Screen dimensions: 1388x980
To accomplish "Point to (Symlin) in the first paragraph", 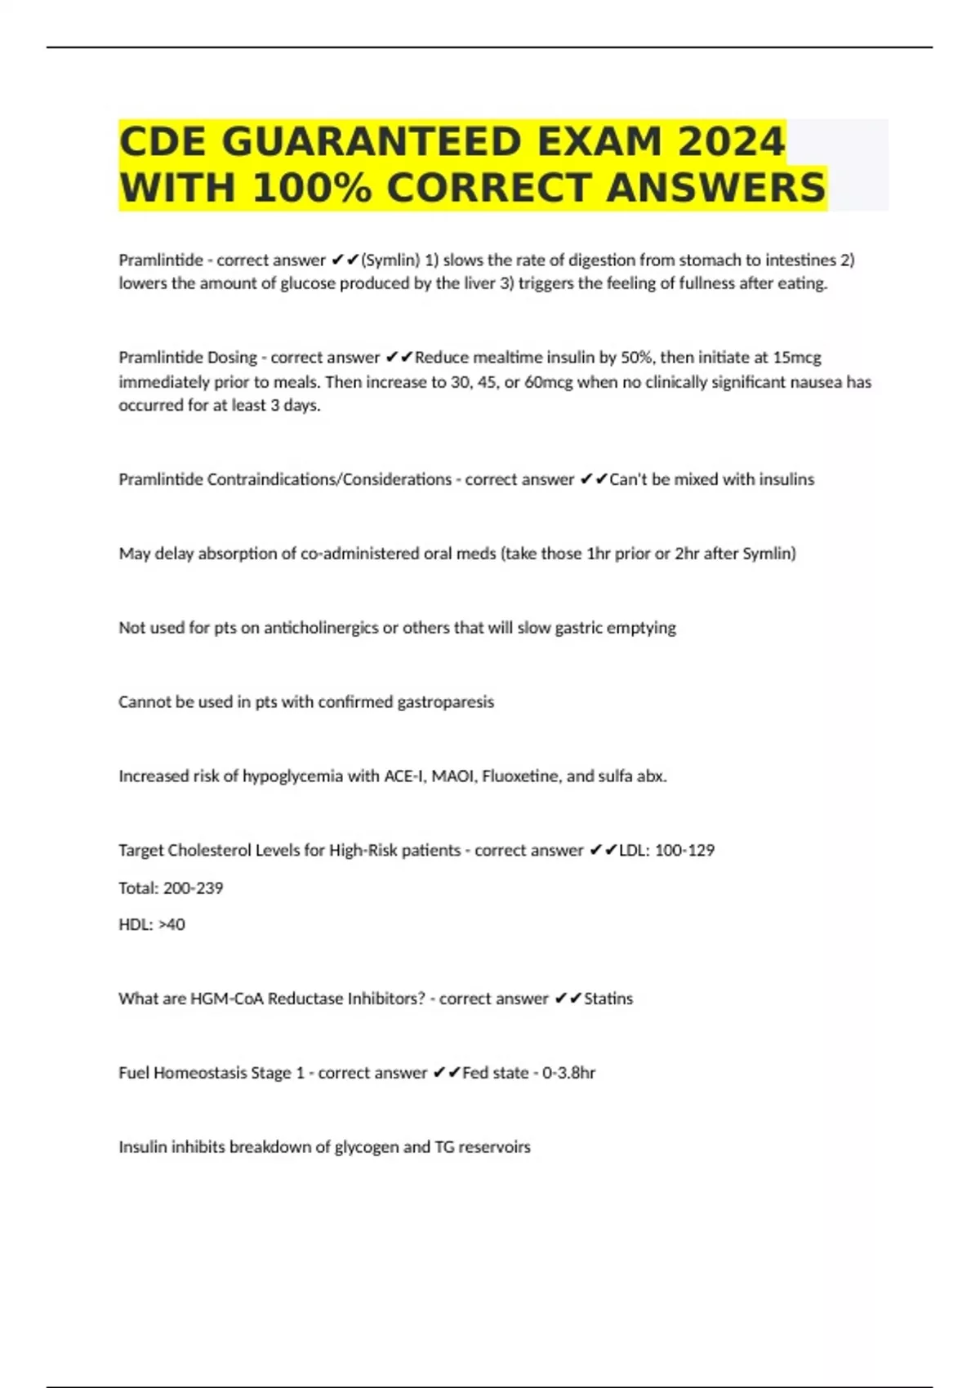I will (x=390, y=260).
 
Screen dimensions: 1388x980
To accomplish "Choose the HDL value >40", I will (x=171, y=925).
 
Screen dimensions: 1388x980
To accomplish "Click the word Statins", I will (x=608, y=999).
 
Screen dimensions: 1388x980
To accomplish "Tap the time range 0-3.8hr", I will (x=568, y=1073).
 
